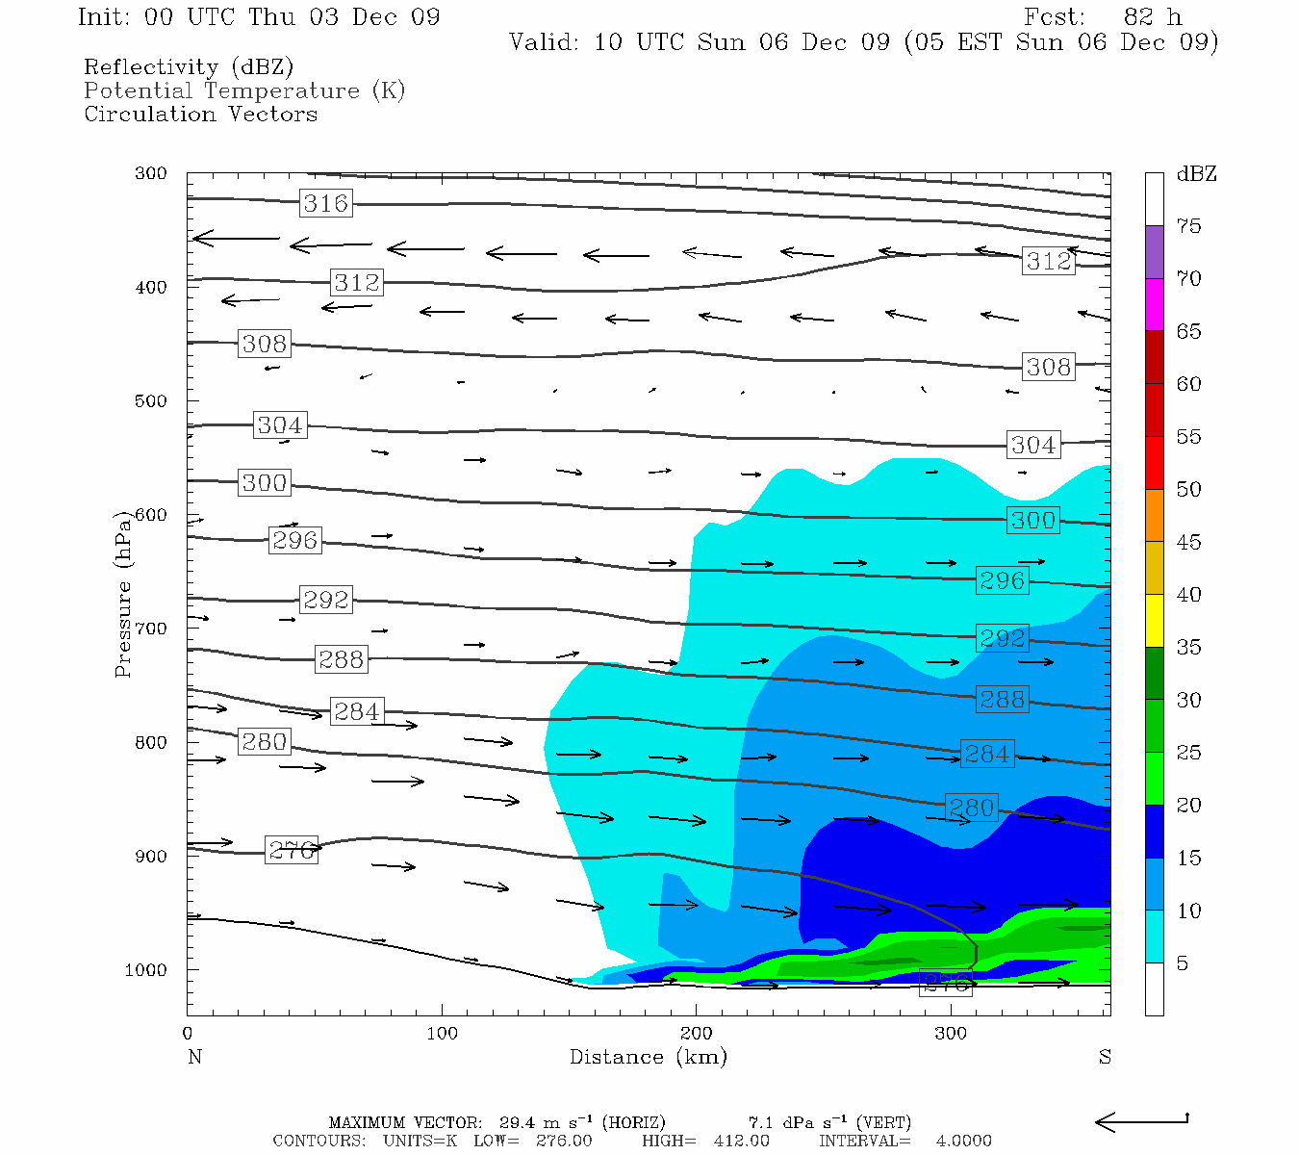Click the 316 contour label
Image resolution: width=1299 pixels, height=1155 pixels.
pyautogui.click(x=325, y=203)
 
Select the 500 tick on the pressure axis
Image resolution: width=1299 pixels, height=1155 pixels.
pyautogui.click(x=151, y=400)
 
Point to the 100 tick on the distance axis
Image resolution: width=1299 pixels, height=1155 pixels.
pyautogui.click(x=442, y=1034)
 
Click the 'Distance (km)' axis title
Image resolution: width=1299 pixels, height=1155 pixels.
pyautogui.click(x=648, y=1057)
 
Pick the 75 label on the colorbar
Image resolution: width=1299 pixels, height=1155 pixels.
pyautogui.click(x=1189, y=226)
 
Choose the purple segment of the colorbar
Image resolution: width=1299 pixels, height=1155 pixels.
pyautogui.click(x=1154, y=252)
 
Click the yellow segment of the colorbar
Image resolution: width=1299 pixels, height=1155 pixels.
pyautogui.click(x=1154, y=621)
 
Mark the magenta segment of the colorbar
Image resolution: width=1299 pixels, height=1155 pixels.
pyautogui.click(x=1154, y=304)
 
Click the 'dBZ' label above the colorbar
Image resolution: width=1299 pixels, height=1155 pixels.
pyautogui.click(x=1196, y=174)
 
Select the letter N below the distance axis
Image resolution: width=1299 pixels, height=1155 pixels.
pyautogui.click(x=194, y=1057)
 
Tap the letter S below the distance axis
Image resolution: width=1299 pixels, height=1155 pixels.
pyautogui.click(x=1105, y=1057)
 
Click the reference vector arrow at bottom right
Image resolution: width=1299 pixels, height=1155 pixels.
pyautogui.click(x=1141, y=1121)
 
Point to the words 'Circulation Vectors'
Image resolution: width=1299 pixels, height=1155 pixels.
pyautogui.click(x=200, y=114)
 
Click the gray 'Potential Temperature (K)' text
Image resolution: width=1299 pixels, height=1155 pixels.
pyautogui.click(x=244, y=90)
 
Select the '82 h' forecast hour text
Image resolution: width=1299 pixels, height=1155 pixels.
pyautogui.click(x=1152, y=17)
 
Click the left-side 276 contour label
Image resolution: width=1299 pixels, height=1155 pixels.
pyautogui.click(x=292, y=850)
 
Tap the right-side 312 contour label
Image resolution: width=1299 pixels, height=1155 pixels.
pyautogui.click(x=1048, y=261)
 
